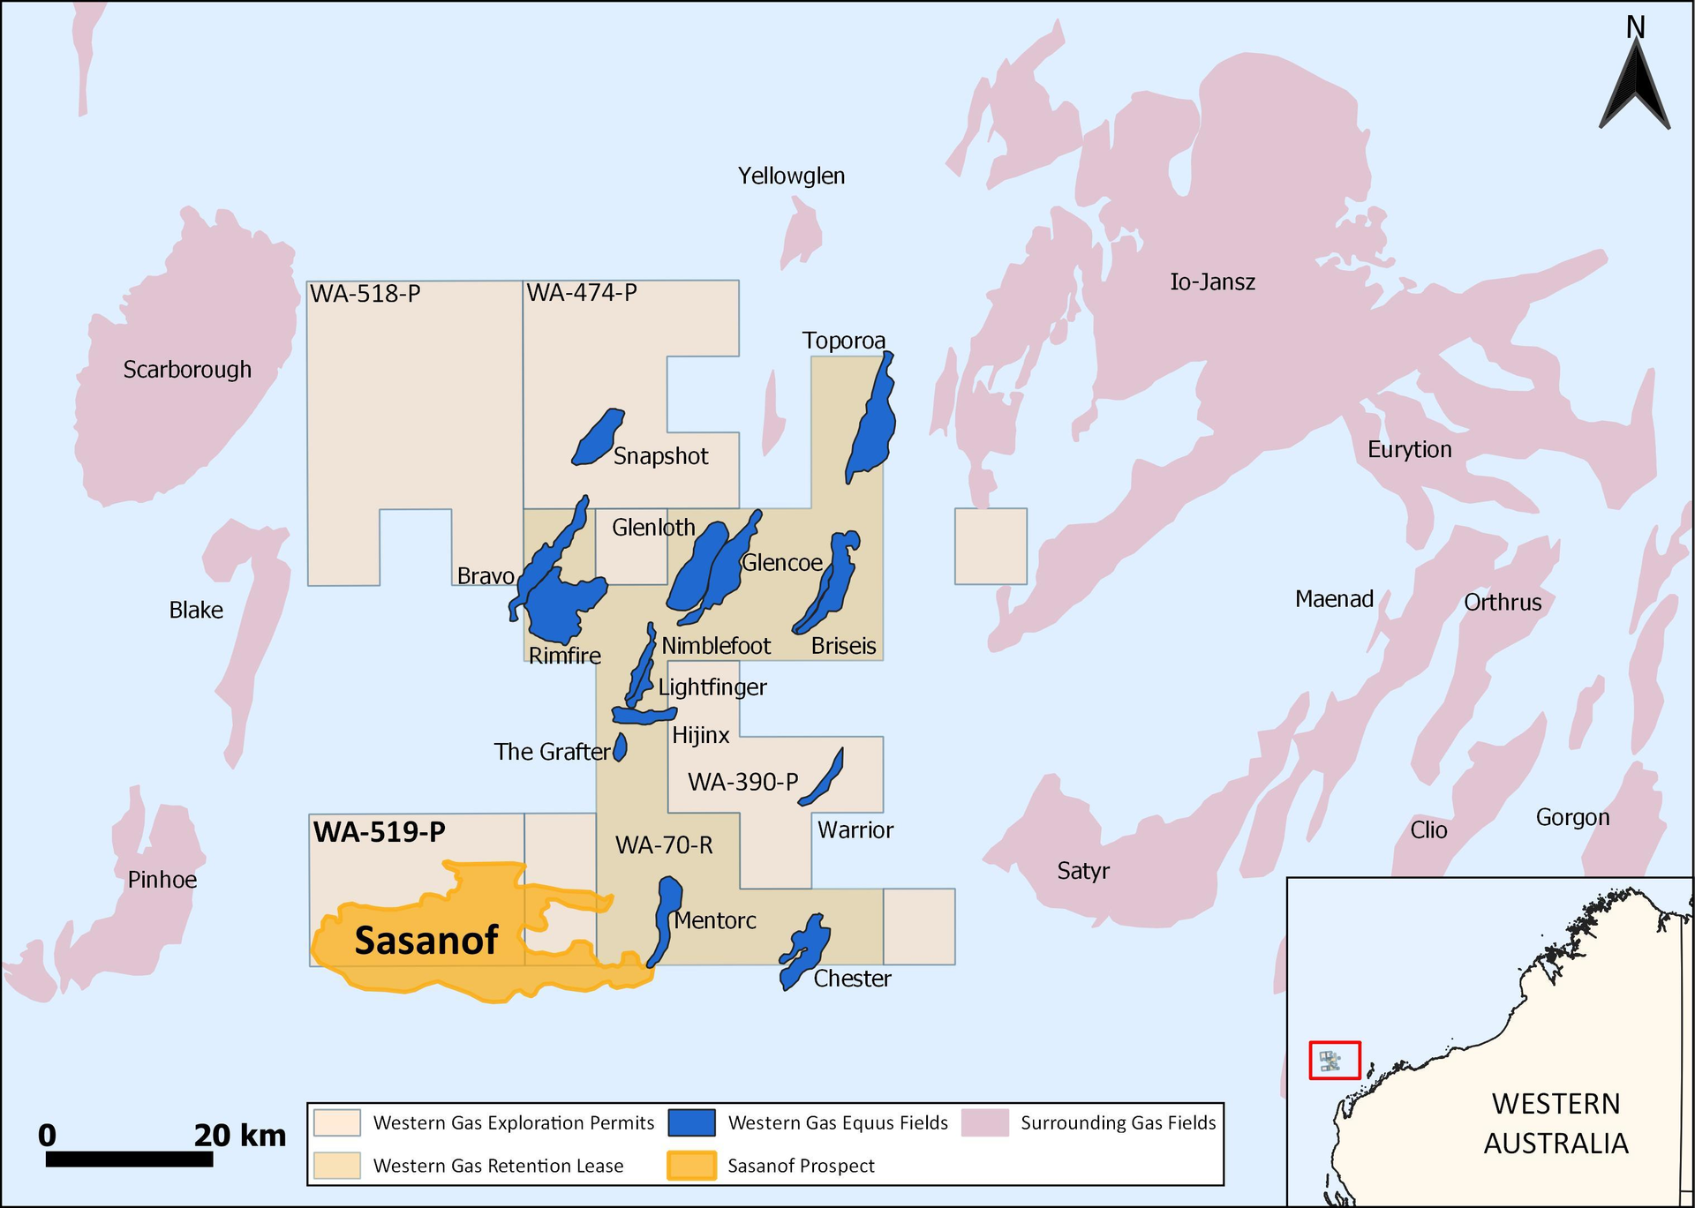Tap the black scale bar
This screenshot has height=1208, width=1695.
pos(129,1159)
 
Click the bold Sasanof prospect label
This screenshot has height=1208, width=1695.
pos(426,941)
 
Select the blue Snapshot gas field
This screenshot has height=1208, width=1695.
pos(598,438)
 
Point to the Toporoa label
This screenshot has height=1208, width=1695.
pos(843,341)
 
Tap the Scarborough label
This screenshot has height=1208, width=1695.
pos(187,370)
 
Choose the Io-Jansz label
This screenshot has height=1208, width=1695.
pos(1212,282)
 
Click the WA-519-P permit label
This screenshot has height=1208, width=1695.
pos(379,832)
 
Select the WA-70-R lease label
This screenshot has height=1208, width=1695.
pos(664,845)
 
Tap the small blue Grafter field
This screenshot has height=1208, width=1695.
pos(621,747)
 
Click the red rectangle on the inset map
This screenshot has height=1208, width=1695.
pos(1334,1060)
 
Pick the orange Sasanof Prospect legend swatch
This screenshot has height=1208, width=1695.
pos(691,1166)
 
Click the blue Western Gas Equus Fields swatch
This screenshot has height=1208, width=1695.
pos(691,1122)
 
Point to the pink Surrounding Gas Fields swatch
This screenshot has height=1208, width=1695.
pos(985,1122)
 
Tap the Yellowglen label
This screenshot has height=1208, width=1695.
pos(791,176)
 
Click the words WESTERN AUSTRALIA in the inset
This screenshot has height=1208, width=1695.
pos(1556,1123)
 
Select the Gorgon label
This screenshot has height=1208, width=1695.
pos(1572,817)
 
